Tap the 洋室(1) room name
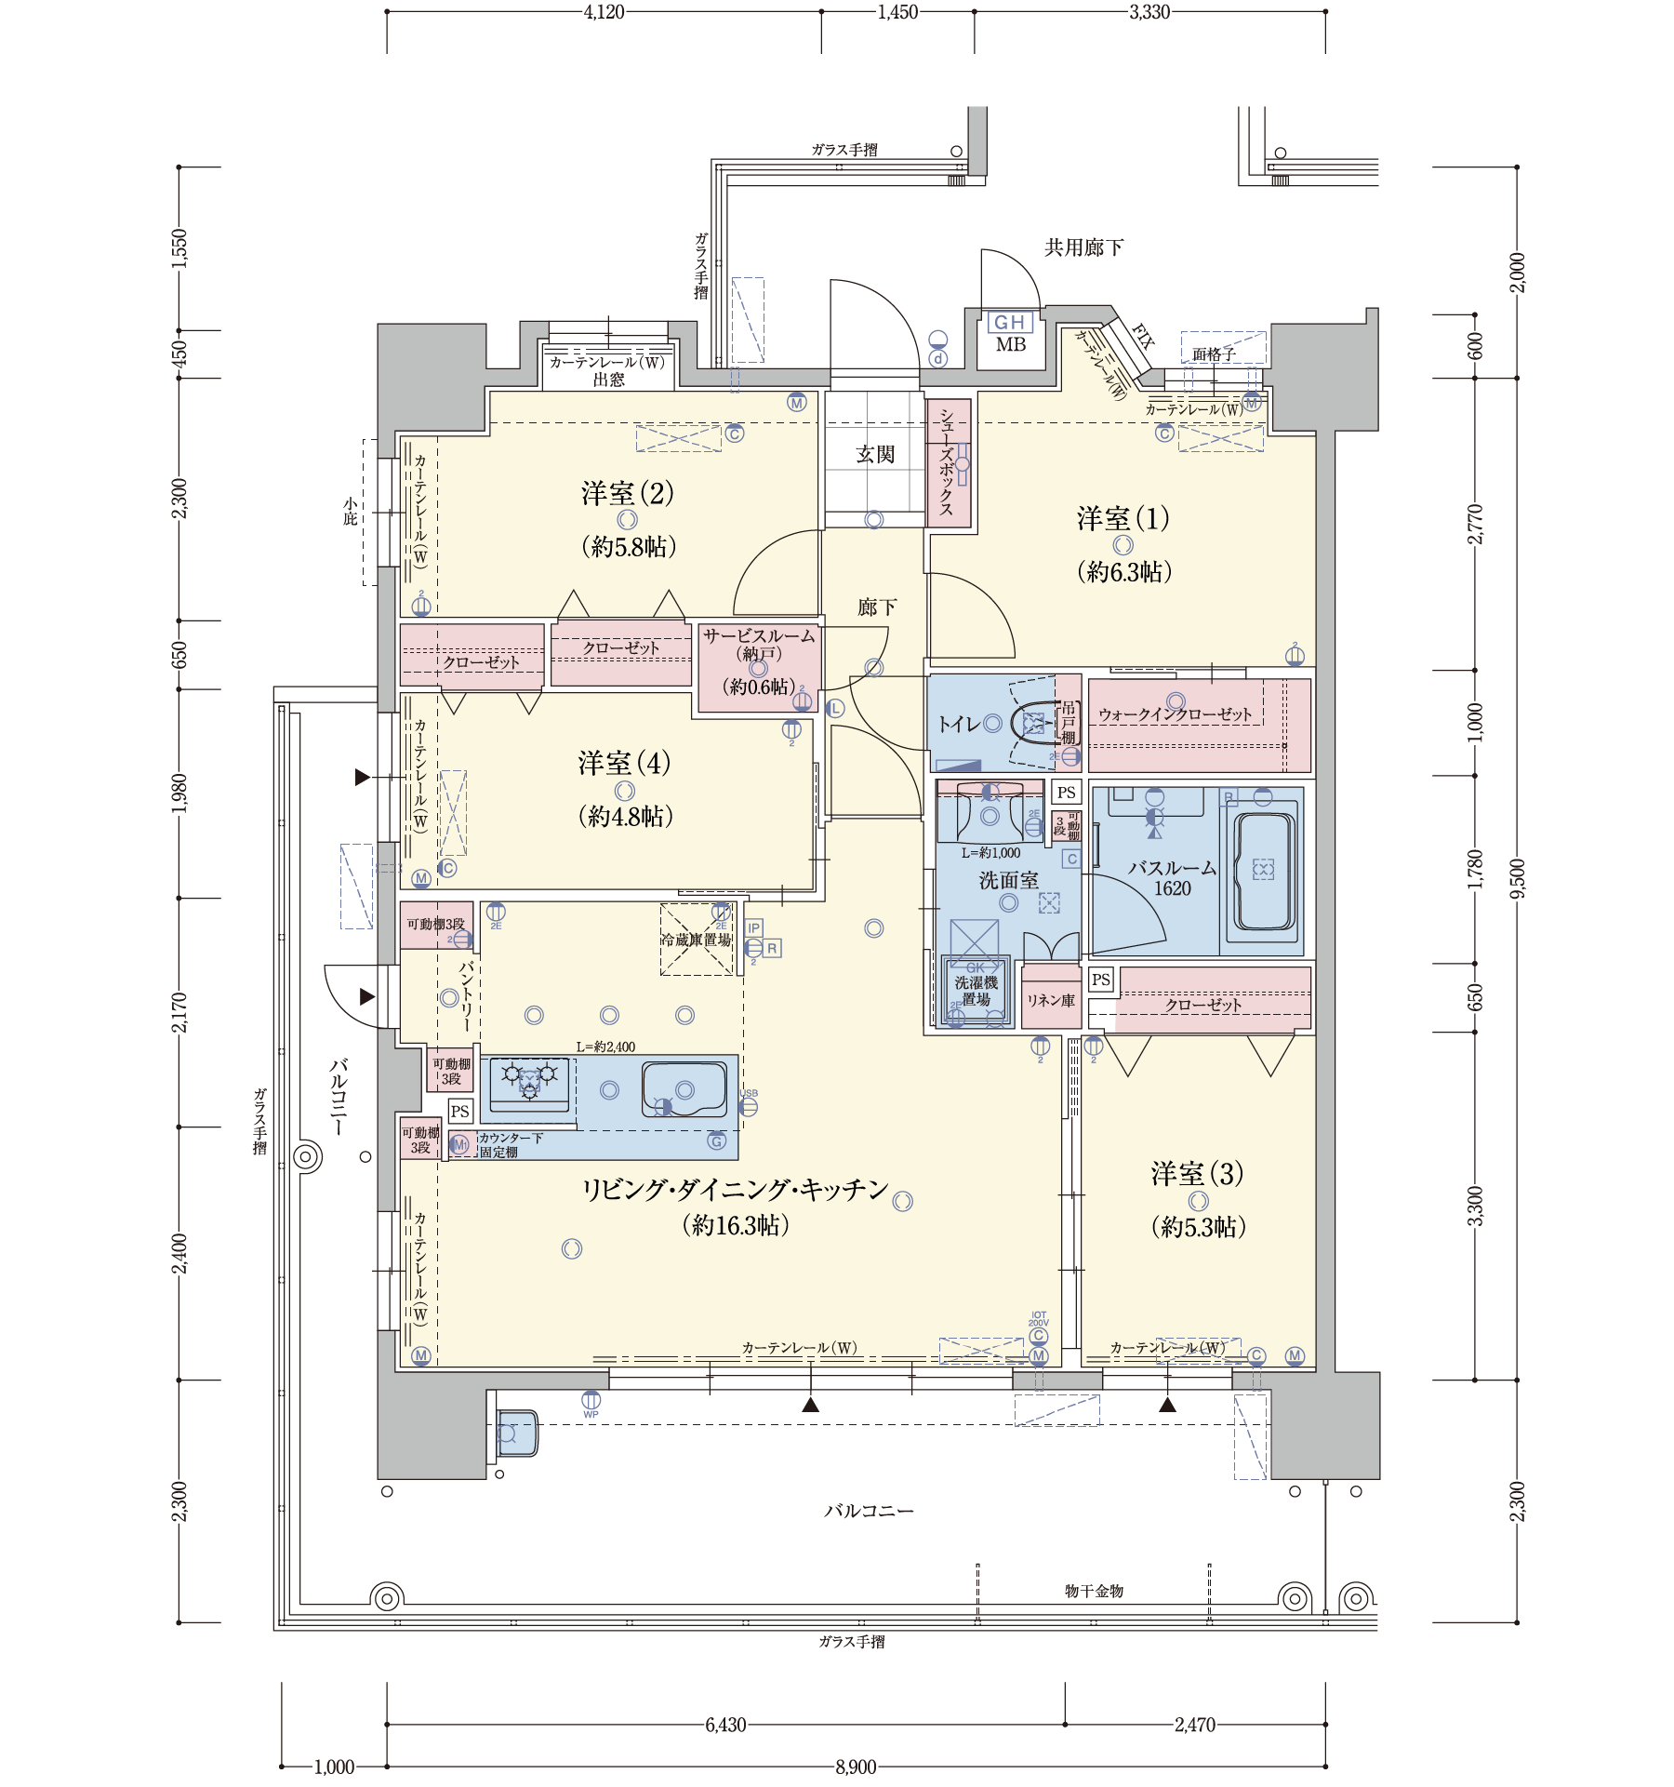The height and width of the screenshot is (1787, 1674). pyautogui.click(x=1123, y=518)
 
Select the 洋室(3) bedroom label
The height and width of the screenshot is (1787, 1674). pyautogui.click(x=1198, y=1173)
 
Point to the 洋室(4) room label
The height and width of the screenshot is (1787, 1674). pyautogui.click(x=624, y=763)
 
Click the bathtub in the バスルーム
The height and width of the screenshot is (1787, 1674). pyautogui.click(x=1263, y=872)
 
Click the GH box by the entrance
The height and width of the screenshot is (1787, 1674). pyautogui.click(x=1010, y=322)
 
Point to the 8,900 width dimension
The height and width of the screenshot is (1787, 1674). pyautogui.click(x=856, y=1767)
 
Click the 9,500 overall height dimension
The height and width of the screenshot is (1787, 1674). pyautogui.click(x=1518, y=879)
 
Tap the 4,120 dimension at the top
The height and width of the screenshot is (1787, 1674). pyautogui.click(x=604, y=12)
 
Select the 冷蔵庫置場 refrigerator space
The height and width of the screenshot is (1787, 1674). pyautogui.click(x=697, y=940)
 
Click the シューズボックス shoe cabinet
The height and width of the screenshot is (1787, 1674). pyautogui.click(x=948, y=462)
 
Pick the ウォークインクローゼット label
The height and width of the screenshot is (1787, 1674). pyautogui.click(x=1176, y=714)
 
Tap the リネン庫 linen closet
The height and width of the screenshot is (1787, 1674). pyautogui.click(x=1051, y=1000)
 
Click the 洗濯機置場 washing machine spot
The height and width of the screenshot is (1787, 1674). pyautogui.click(x=976, y=991)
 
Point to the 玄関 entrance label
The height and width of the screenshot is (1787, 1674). pyautogui.click(x=874, y=455)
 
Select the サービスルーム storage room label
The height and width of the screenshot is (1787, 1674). pyautogui.click(x=759, y=636)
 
